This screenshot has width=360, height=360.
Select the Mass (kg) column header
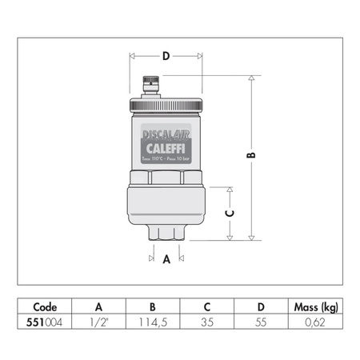pyautogui.click(x=318, y=306)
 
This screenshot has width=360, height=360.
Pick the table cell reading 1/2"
pyautogui.click(x=99, y=322)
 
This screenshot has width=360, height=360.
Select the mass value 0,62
pyautogui.click(x=318, y=322)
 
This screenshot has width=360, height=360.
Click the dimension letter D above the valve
pyautogui.click(x=166, y=56)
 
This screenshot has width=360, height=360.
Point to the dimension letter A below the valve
pyautogui.click(x=166, y=259)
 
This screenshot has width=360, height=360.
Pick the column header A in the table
pyautogui.click(x=99, y=306)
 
